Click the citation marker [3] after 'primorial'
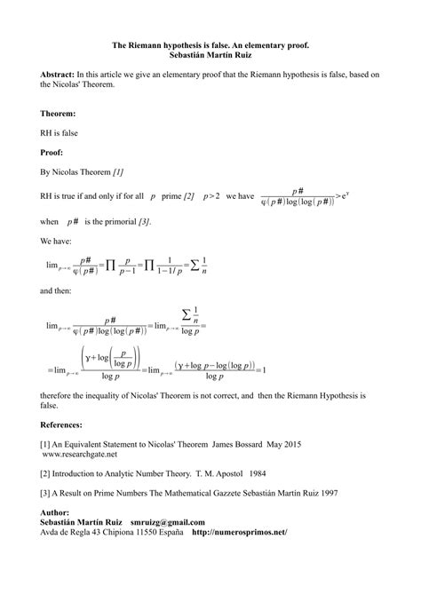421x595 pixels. (143, 220)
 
